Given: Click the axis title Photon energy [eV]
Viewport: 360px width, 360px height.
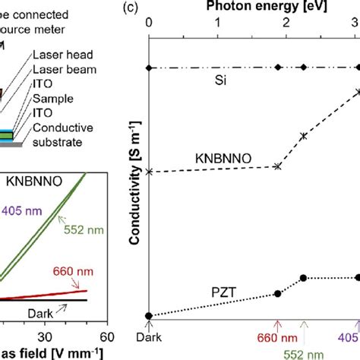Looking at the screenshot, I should point(253,8).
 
